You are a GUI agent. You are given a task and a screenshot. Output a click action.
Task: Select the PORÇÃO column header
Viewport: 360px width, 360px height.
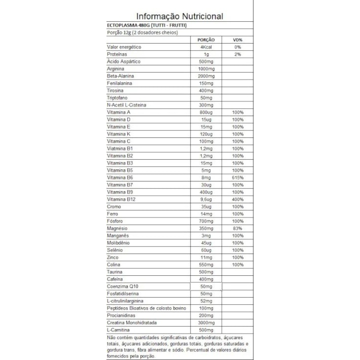pyautogui.click(x=206, y=40)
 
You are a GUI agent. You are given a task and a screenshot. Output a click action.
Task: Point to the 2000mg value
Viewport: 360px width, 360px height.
pyautogui.click(x=206, y=76)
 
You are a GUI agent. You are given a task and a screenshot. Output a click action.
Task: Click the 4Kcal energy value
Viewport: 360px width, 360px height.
pyautogui.click(x=206, y=47)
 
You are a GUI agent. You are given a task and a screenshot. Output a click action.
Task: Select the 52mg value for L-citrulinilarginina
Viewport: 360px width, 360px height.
pyautogui.click(x=206, y=302)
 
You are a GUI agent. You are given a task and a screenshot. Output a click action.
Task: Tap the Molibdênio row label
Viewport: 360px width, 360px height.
pyautogui.click(x=120, y=243)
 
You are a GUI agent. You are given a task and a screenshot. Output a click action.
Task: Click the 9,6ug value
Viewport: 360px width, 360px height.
pyautogui.click(x=206, y=200)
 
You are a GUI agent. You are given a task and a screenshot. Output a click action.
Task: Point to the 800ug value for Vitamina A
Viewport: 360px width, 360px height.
pyautogui.click(x=206, y=112)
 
